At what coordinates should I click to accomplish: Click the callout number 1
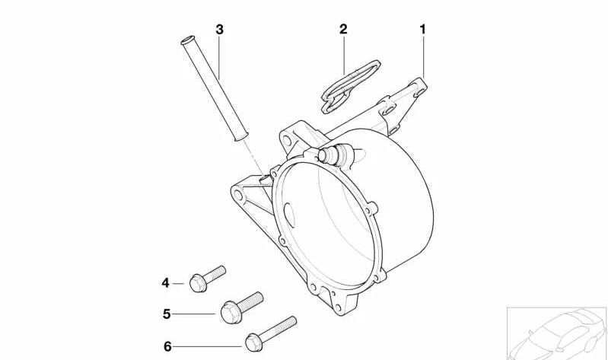click(x=422, y=30)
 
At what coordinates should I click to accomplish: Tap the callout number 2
click(x=343, y=30)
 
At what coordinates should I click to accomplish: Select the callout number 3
click(x=219, y=30)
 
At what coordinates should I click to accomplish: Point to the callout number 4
click(x=165, y=283)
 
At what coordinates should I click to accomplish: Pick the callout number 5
click(x=165, y=313)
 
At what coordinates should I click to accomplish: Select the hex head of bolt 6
click(x=253, y=340)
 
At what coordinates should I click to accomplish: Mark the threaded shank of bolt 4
click(x=215, y=272)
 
